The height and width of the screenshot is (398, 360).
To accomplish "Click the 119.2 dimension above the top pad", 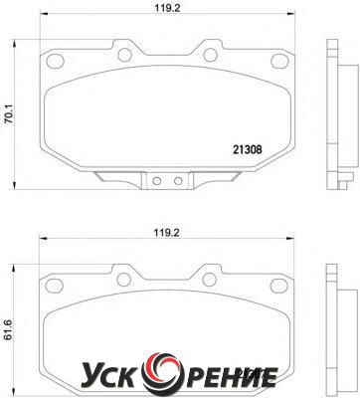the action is tap(167, 8).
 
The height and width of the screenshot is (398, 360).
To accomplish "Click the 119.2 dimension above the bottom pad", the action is tap(166, 233).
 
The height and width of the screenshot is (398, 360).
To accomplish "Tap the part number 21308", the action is tap(248, 150).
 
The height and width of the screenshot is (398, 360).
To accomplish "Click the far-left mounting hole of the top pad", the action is tap(55, 61).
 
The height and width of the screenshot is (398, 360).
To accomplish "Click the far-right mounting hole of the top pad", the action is tap(279, 61).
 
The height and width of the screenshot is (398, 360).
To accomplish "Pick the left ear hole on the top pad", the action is tap(125, 55).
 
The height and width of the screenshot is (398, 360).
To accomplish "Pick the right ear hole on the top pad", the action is tap(211, 55).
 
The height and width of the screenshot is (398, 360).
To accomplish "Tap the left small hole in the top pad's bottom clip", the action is tap(156, 181).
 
